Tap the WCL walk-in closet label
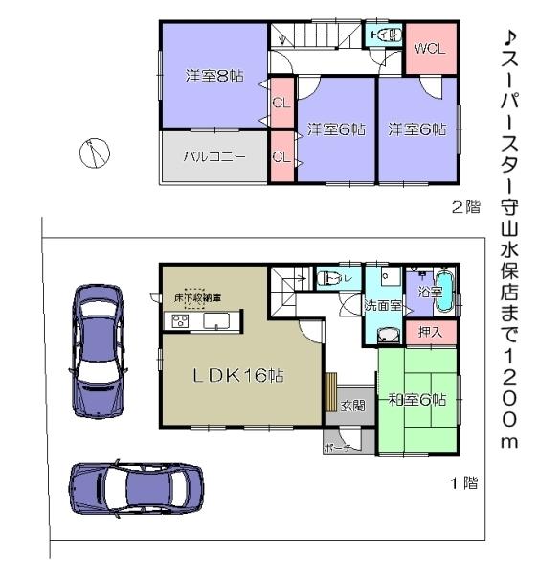(428, 50)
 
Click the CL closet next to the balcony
(281, 157)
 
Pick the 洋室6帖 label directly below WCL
(417, 129)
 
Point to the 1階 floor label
(464, 483)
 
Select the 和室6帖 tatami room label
(417, 401)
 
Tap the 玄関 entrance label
(352, 406)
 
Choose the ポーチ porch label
(337, 447)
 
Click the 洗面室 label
(382, 306)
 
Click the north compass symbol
(94, 151)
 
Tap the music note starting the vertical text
(510, 37)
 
